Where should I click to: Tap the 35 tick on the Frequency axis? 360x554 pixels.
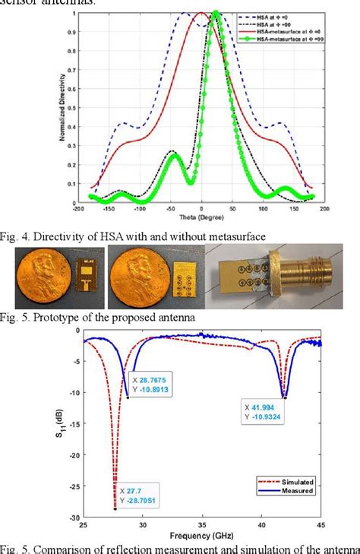click(x=201, y=525)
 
